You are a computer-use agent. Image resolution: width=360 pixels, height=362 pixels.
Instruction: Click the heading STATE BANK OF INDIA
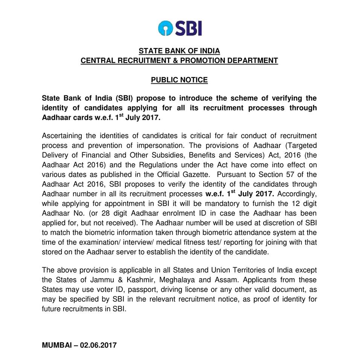point(179,51)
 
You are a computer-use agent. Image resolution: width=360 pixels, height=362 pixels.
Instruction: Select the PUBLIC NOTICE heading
point(179,80)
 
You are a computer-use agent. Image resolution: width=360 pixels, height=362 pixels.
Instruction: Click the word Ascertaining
point(61,135)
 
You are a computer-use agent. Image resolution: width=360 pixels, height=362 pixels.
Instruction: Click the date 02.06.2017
point(98,345)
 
